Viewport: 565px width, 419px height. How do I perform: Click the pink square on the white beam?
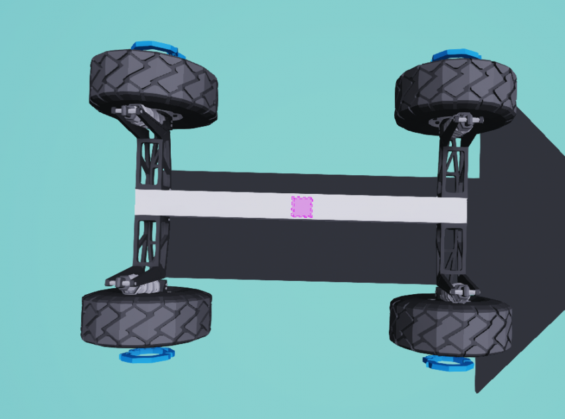[x=302, y=207]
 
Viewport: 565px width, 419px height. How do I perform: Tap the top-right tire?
[x=456, y=91]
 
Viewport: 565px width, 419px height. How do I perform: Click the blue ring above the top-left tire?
[x=155, y=48]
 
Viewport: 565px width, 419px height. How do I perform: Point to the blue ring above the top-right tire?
[x=455, y=55]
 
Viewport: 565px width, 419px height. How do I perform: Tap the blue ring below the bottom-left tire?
[x=147, y=355]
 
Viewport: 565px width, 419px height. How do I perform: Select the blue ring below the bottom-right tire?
[x=449, y=362]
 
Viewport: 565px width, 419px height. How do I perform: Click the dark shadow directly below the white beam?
[x=299, y=252]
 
